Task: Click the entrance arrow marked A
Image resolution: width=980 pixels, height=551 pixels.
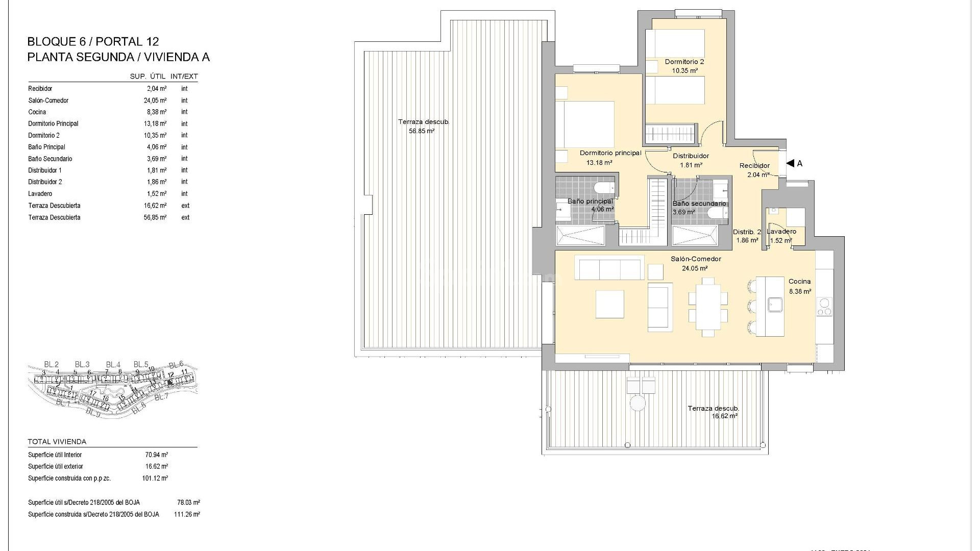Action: pyautogui.click(x=790, y=163)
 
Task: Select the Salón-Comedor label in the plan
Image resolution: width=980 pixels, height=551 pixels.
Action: pyautogui.click(x=696, y=259)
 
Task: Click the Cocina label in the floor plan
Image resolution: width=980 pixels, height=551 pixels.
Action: pyautogui.click(x=799, y=281)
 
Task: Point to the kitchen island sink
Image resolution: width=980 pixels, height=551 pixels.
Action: pyautogui.click(x=776, y=305)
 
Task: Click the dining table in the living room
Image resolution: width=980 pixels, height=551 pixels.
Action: pyautogui.click(x=708, y=307)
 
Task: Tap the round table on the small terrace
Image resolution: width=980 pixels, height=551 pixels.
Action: pyautogui.click(x=637, y=403)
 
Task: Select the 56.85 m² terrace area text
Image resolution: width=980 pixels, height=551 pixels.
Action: pyautogui.click(x=422, y=131)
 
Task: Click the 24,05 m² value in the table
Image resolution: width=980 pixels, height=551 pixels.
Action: pyautogui.click(x=156, y=101)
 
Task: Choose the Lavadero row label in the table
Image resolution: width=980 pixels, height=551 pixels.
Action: pyautogui.click(x=40, y=194)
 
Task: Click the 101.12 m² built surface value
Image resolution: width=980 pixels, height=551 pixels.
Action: pyautogui.click(x=155, y=479)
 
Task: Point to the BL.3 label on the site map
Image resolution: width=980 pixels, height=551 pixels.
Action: pyautogui.click(x=82, y=364)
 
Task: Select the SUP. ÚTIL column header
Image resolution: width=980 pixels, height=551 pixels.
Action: pyautogui.click(x=148, y=77)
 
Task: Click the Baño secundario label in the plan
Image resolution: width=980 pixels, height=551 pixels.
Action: pyautogui.click(x=699, y=204)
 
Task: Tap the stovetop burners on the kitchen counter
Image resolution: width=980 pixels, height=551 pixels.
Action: pyautogui.click(x=824, y=306)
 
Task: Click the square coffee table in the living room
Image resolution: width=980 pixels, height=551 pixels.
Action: pyautogui.click(x=609, y=304)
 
